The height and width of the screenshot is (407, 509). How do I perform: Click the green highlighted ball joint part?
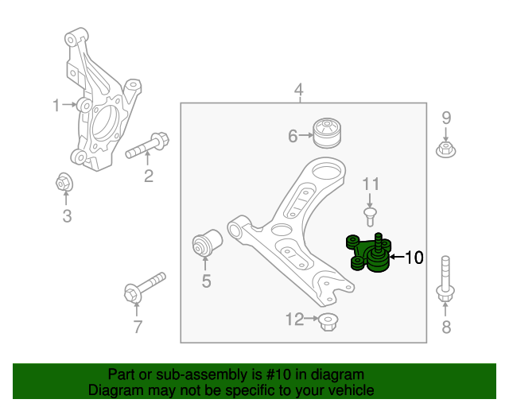pyautogui.click(x=369, y=254)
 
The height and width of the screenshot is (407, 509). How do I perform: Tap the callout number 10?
pyautogui.click(x=414, y=258)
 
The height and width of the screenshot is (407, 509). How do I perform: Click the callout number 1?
pyautogui.click(x=56, y=105)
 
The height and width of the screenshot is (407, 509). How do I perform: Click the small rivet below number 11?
pyautogui.click(x=369, y=215)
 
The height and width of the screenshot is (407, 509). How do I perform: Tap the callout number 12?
pyautogui.click(x=295, y=320)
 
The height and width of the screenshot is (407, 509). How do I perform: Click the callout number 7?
pyautogui.click(x=137, y=327)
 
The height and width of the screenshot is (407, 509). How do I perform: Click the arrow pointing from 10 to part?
pyautogui.click(x=395, y=257)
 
